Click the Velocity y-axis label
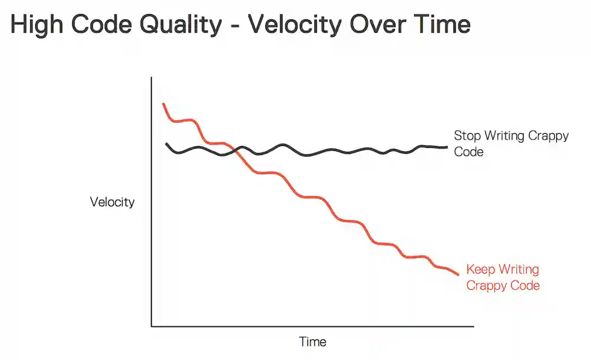coord(112,202)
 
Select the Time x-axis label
coord(313,342)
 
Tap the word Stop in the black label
coord(467,136)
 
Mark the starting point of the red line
coord(163,104)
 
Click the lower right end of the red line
coord(458,274)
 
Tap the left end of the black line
coord(166,144)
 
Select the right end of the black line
coord(447,147)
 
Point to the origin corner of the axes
coord(152,326)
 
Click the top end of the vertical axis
coord(152,77)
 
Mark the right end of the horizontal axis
coord(473,326)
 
